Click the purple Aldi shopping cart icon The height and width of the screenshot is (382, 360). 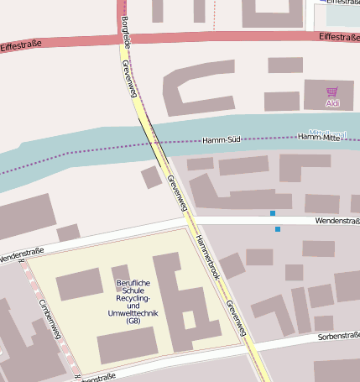click(332, 92)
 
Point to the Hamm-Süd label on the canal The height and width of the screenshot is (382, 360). click(222, 139)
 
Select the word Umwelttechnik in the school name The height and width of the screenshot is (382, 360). click(133, 313)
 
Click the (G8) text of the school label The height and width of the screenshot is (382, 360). click(133, 322)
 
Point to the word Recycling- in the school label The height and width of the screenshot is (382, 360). click(133, 298)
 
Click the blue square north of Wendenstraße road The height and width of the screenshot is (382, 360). click(273, 213)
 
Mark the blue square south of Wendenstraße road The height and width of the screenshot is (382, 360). click(278, 228)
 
